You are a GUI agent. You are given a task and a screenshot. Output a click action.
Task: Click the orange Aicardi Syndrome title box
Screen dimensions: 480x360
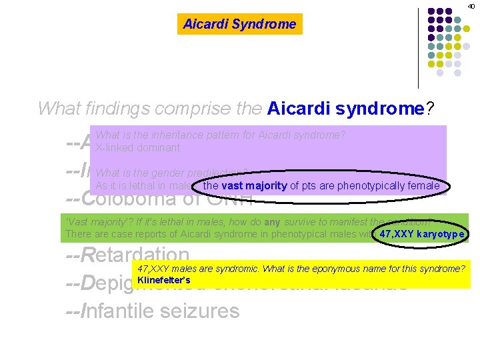[239, 24]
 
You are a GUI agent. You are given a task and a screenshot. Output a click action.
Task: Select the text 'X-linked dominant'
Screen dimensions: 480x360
[138, 147]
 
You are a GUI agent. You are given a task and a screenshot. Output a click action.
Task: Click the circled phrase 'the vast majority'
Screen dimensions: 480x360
[245, 185]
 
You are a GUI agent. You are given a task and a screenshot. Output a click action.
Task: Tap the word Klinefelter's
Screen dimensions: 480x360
[163, 280]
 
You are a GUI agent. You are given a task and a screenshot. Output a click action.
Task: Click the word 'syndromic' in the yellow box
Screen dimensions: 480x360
[238, 269]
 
